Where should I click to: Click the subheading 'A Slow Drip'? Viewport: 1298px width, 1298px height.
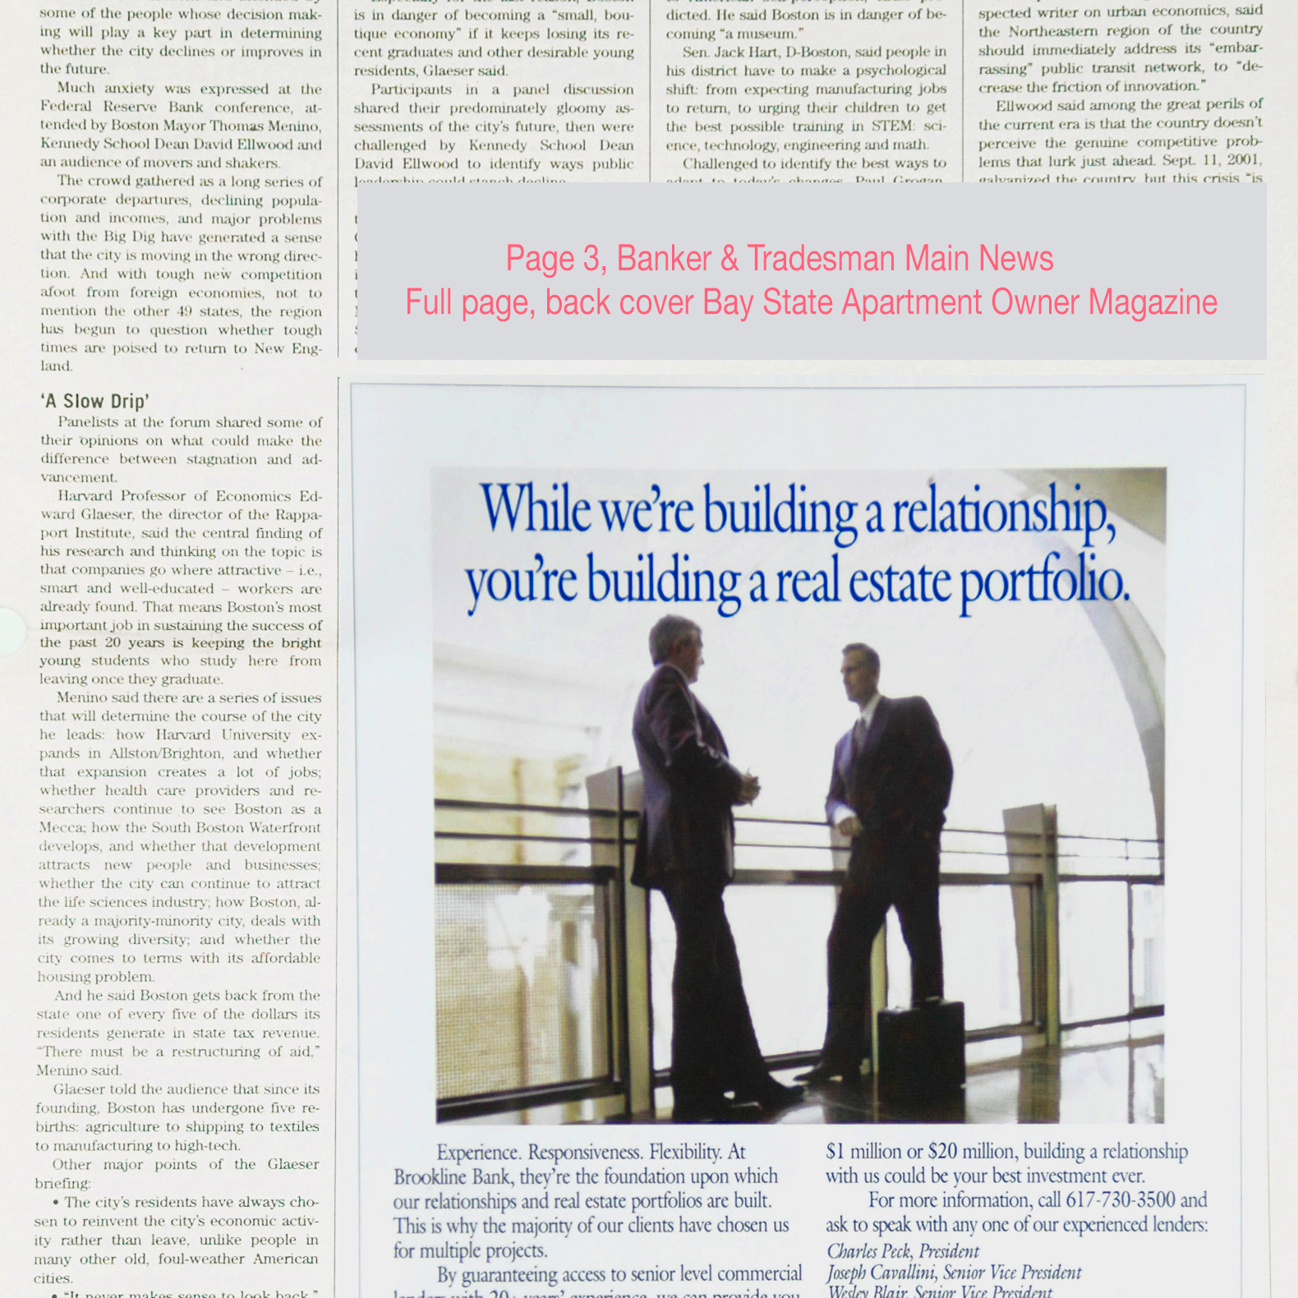pos(94,401)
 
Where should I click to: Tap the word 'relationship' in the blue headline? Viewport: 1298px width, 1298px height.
pos(1003,513)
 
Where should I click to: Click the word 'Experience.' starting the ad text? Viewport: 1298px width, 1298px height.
pos(478,1153)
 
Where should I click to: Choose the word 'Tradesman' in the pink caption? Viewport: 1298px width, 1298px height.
pos(822,259)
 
